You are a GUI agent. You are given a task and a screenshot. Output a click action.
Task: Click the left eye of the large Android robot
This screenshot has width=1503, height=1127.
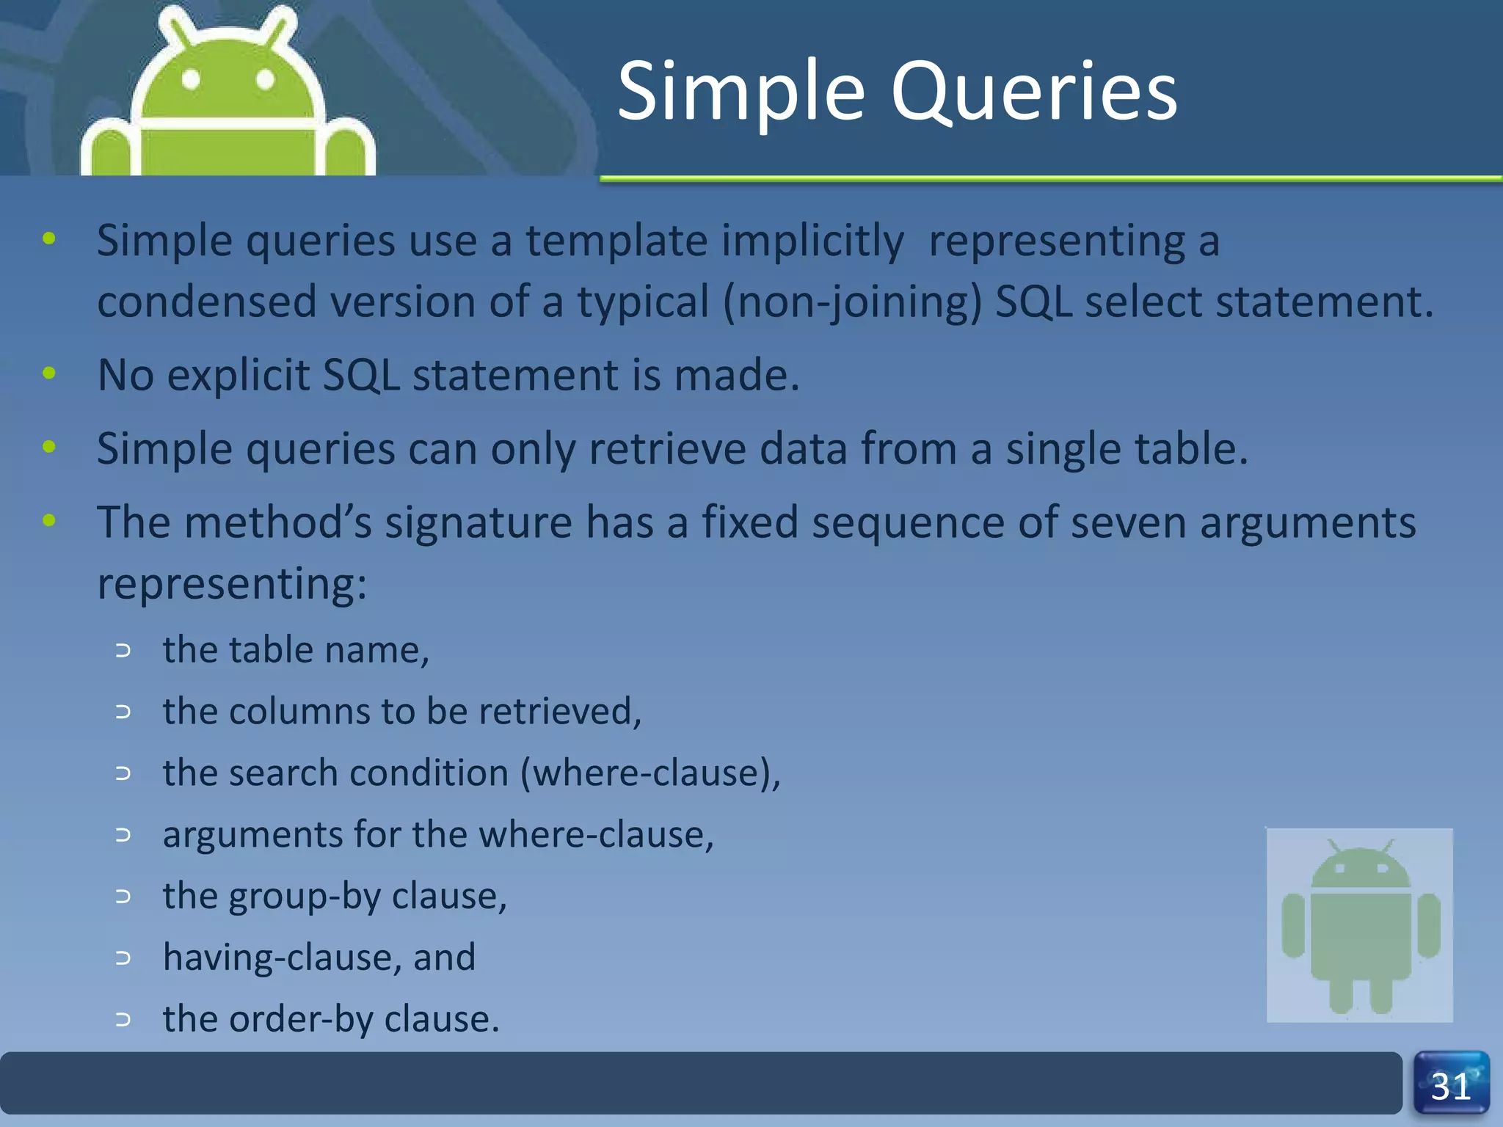(x=191, y=79)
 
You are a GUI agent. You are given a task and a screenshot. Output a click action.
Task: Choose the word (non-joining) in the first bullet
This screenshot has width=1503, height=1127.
(x=852, y=302)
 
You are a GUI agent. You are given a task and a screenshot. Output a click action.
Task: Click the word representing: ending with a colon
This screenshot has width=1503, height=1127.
(x=231, y=585)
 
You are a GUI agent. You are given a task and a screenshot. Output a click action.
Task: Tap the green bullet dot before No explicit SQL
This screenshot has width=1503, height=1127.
(x=49, y=373)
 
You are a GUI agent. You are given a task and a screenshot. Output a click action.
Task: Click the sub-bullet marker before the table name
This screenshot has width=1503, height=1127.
(x=123, y=650)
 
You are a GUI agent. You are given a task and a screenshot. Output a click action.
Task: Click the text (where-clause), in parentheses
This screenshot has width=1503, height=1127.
(x=650, y=773)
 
